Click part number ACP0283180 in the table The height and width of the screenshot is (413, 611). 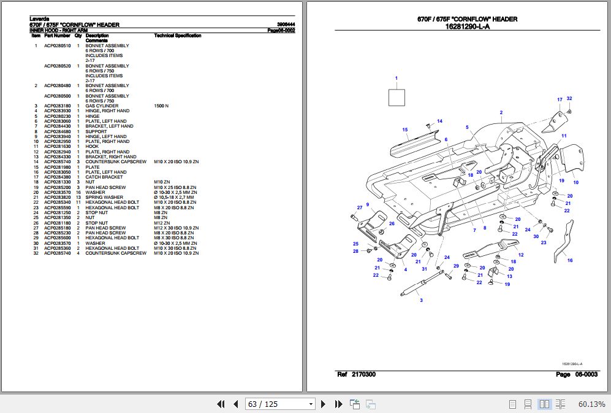(57, 106)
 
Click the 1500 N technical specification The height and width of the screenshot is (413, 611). (161, 106)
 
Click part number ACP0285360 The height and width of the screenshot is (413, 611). (57, 248)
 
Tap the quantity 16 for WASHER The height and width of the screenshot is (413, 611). (78, 192)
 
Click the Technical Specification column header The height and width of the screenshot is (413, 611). (178, 36)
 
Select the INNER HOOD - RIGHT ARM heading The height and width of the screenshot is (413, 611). (59, 30)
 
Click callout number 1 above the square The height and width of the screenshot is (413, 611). (397, 79)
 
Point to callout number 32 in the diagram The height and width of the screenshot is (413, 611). (569, 99)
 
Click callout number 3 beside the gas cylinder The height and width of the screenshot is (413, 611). (421, 301)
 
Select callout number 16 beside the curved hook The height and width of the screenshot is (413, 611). (570, 261)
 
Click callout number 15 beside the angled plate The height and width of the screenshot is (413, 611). (405, 129)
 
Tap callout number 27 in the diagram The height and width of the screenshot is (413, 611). (360, 208)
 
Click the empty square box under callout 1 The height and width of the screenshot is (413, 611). (397, 98)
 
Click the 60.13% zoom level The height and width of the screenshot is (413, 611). (591, 404)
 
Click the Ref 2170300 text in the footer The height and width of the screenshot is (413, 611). (357, 374)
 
